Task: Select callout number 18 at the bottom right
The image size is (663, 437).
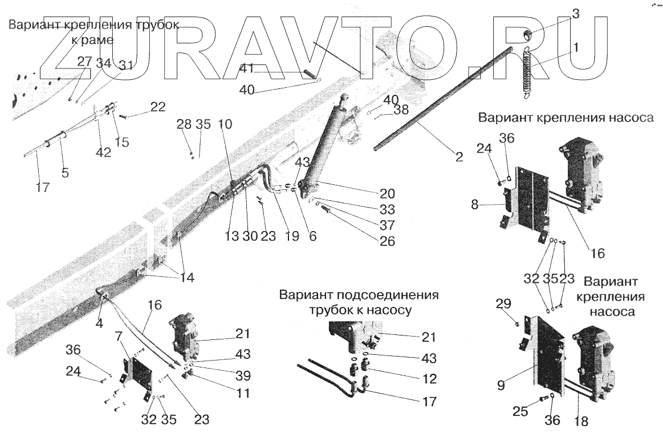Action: coord(581,422)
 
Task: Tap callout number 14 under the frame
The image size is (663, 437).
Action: coord(187,278)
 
